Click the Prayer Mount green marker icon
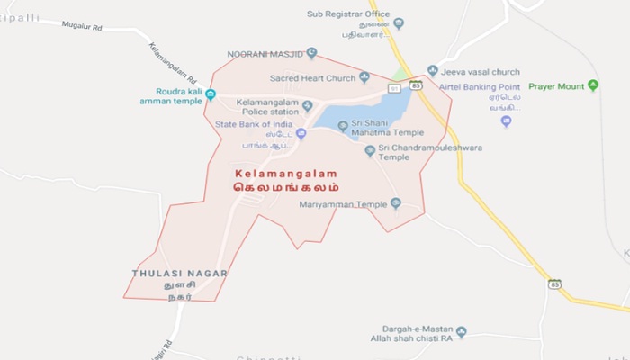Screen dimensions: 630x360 [x=593, y=85]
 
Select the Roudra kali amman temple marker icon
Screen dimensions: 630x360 [x=211, y=94]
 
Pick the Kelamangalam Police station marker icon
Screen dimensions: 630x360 [x=307, y=106]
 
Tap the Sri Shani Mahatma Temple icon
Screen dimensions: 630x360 [x=343, y=125]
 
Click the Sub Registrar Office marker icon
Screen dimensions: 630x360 [x=399, y=23]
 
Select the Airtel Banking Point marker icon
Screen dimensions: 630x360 [x=507, y=121]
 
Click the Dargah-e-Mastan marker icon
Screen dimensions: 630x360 [x=462, y=332]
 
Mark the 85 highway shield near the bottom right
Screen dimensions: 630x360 [x=555, y=284]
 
